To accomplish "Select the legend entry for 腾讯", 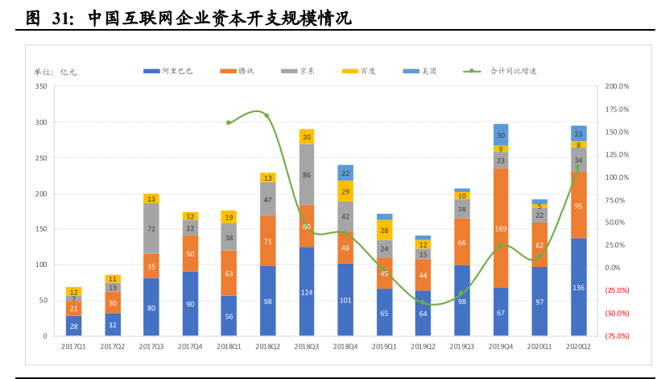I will point(237,71).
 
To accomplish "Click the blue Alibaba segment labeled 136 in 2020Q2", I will point(578,287).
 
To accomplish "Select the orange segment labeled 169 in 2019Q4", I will point(501,228).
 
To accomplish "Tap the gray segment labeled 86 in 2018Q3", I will point(307,174).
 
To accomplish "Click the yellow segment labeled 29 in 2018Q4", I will point(345,191).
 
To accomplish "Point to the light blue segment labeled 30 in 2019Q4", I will point(501,135).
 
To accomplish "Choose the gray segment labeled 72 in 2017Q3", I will point(151,228).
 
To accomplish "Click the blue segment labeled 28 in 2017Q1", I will point(73,326).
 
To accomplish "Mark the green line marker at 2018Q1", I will point(229,123).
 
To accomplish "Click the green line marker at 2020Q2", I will point(577,168).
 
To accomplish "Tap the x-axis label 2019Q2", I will point(423,347).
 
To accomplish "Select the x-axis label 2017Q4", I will point(190,347).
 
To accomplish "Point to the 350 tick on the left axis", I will point(41,86).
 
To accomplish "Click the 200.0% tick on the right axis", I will point(617,86).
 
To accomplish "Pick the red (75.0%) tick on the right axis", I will point(617,335).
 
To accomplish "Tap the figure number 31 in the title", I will point(62,18).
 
